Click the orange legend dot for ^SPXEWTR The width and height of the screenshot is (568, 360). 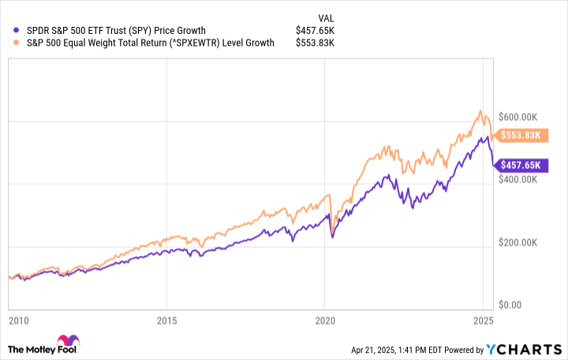click(9, 43)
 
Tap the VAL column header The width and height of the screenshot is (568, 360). click(325, 16)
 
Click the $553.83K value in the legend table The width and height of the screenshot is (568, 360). click(315, 43)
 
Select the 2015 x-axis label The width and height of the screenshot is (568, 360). click(166, 322)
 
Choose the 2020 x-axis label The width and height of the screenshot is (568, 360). click(325, 322)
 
